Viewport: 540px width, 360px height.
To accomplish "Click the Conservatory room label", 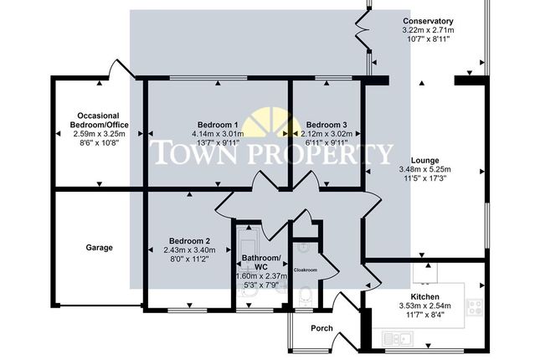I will coord(427,21).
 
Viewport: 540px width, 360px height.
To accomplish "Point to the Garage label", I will coord(99,248).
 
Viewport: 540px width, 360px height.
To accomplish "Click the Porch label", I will coord(322,328).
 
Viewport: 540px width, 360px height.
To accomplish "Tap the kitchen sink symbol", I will coord(397,337).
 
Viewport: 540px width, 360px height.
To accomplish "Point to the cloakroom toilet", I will coord(306,294).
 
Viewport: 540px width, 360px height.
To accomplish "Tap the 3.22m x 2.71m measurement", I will coord(428,30).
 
